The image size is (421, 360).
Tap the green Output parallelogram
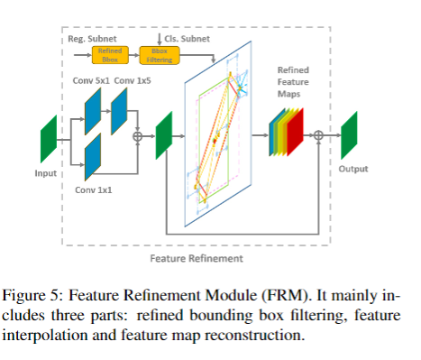point(350,135)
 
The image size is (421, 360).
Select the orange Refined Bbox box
point(106,55)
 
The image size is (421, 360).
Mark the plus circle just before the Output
point(318,136)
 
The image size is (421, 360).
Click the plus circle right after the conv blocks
point(138,137)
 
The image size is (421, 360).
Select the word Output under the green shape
point(352,168)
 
